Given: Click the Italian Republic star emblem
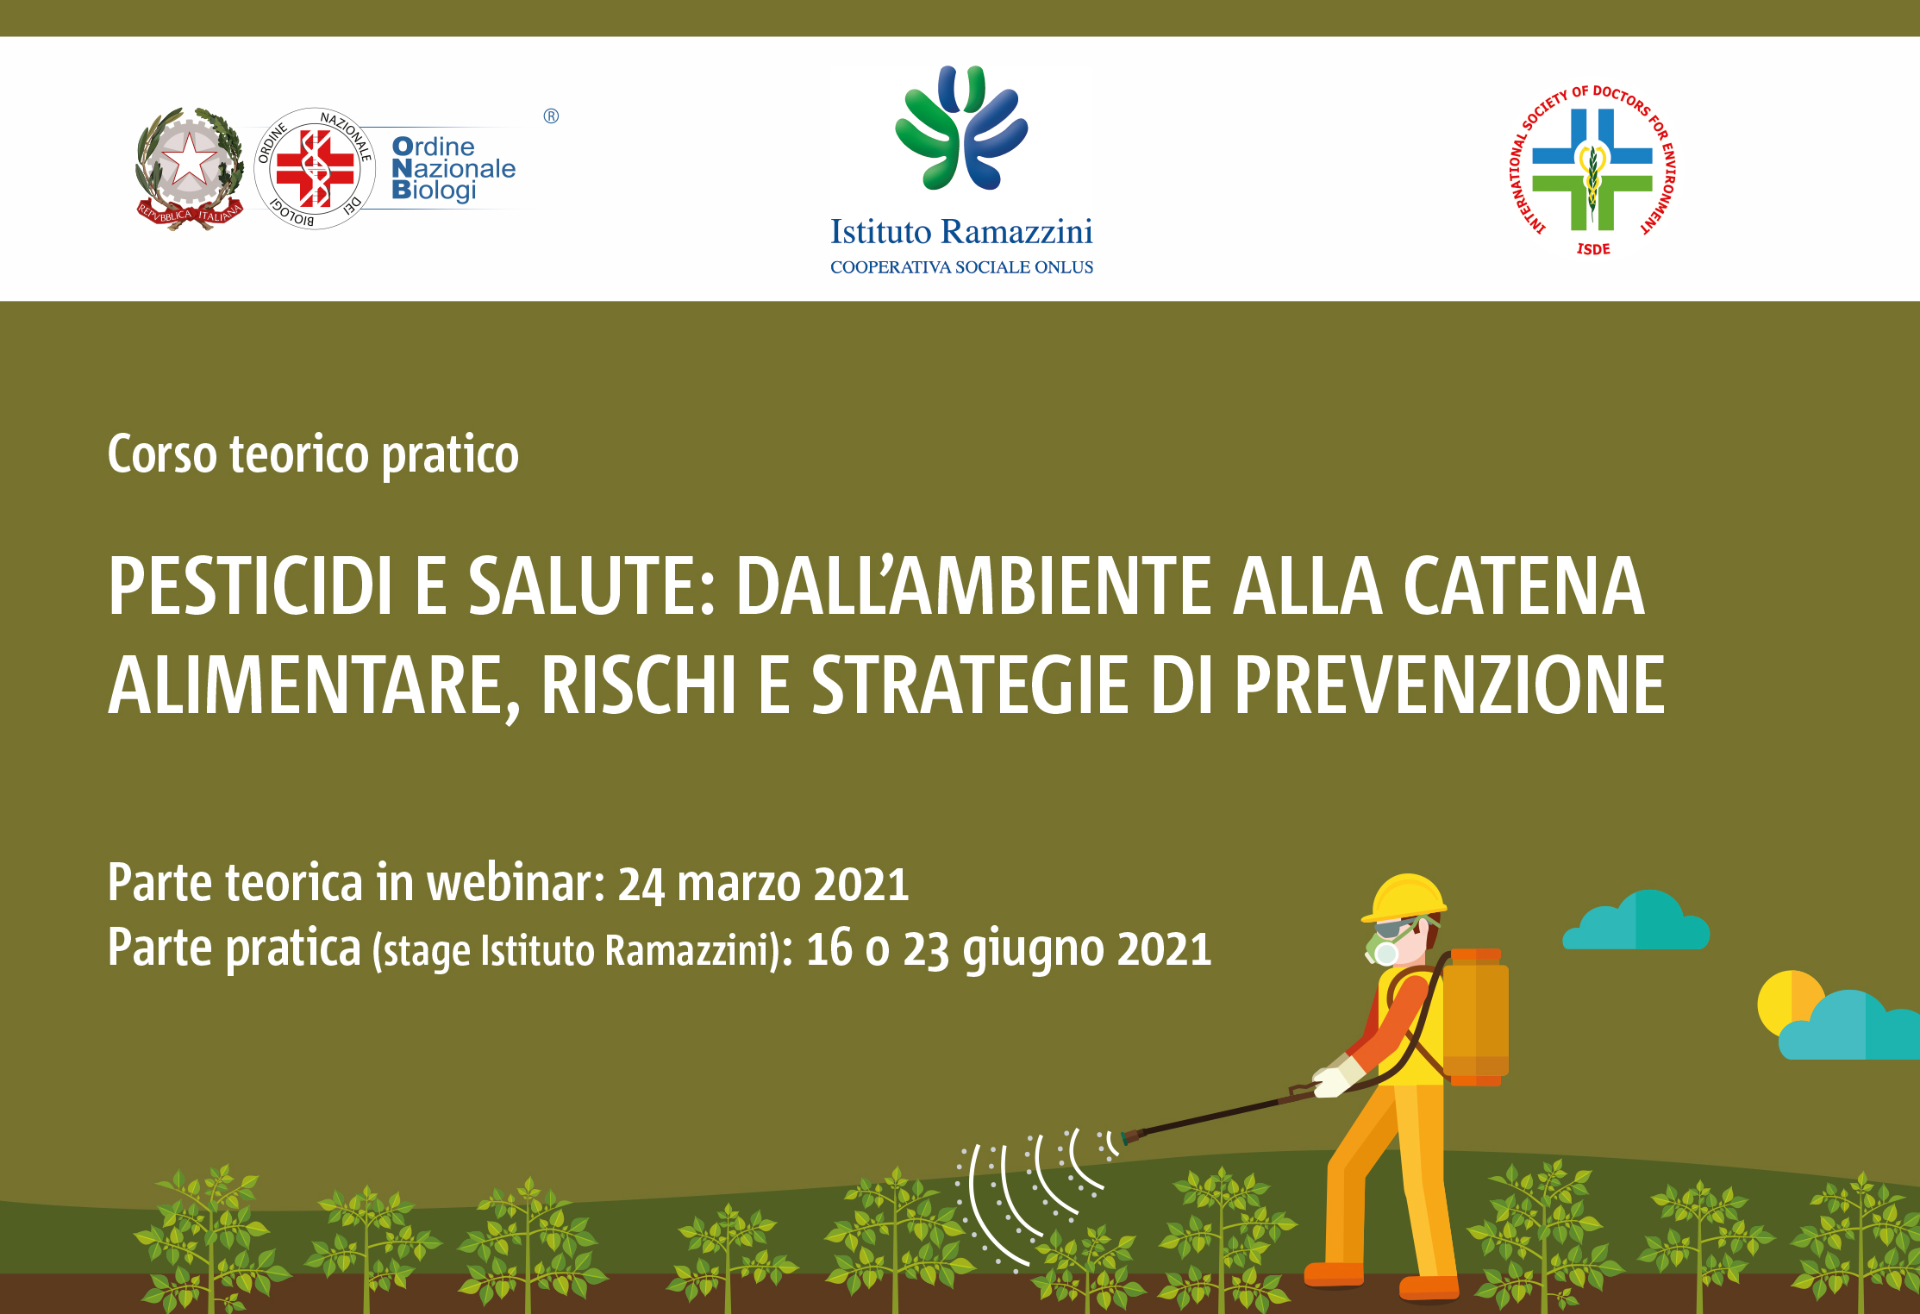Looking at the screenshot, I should tap(188, 167).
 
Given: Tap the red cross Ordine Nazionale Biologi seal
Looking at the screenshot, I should tap(315, 169).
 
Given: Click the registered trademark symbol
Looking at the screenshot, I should tap(551, 116).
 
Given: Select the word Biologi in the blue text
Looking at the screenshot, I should tap(434, 191).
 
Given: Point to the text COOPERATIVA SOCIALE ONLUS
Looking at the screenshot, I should tap(961, 267).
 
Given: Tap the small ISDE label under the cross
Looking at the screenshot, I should tap(1593, 249).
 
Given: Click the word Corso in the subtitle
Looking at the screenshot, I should tap(162, 454).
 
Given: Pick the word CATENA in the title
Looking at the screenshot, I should tap(1523, 586).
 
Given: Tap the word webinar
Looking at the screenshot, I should tap(516, 884).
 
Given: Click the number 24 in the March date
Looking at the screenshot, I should tap(641, 885).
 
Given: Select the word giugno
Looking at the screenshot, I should tap(1033, 950).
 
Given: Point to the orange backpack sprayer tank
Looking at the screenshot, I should tap(1476, 1017).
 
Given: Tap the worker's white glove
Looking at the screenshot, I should tap(1335, 1078).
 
